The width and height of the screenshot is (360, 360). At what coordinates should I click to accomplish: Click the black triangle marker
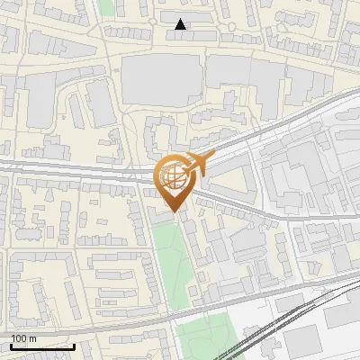(x=181, y=24)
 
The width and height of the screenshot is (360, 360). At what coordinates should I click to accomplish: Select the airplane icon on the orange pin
(x=199, y=164)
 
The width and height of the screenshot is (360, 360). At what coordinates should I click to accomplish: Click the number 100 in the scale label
(x=20, y=338)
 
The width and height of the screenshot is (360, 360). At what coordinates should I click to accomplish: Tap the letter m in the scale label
(x=33, y=338)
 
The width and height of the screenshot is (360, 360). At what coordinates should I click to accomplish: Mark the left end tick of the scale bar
(x=11, y=346)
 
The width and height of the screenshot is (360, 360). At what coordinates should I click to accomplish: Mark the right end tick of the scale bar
(x=74, y=346)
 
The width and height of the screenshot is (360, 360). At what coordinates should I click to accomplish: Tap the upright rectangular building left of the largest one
(x=100, y=107)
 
